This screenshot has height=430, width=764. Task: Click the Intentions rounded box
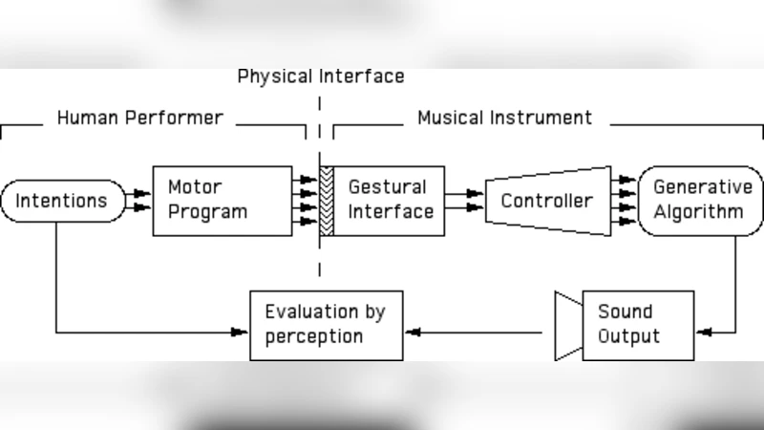[x=62, y=202]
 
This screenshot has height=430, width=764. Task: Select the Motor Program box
[x=223, y=201]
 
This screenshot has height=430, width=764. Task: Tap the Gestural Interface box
[x=391, y=201]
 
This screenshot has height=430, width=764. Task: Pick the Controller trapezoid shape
[x=547, y=202]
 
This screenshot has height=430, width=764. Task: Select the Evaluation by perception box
[x=324, y=324]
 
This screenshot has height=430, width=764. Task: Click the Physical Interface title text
[x=321, y=76]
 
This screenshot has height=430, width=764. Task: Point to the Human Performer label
[x=139, y=118]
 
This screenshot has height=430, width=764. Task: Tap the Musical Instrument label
[x=504, y=118]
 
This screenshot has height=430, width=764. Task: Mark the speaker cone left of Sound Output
[x=568, y=326]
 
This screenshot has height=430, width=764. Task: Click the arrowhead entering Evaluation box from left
[x=240, y=333]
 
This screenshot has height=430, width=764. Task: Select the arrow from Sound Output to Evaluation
[x=477, y=333]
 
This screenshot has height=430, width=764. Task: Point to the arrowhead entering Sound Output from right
[x=705, y=333]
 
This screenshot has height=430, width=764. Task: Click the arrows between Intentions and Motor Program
[x=139, y=201]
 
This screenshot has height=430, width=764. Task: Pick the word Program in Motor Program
[x=207, y=211]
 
